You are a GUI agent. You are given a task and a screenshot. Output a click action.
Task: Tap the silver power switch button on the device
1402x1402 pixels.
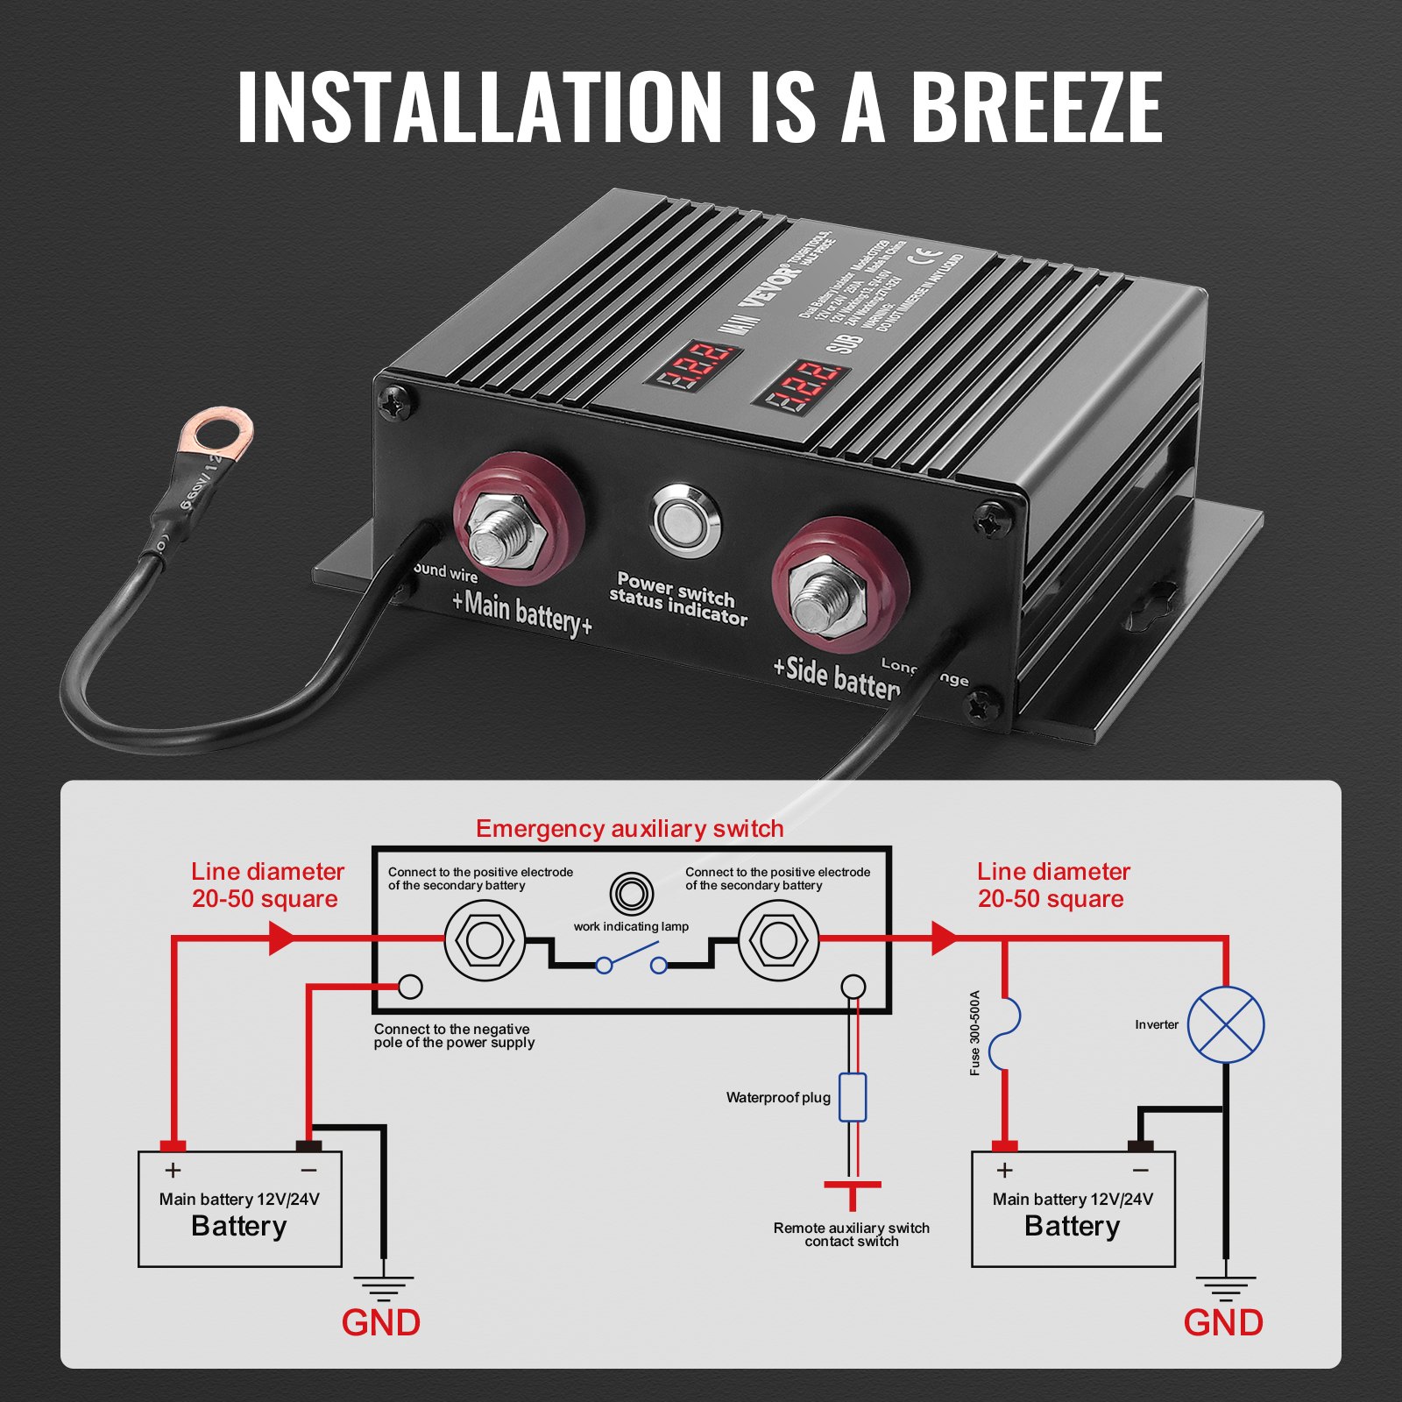[685, 520]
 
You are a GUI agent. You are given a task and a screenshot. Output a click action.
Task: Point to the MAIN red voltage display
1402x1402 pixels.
[695, 367]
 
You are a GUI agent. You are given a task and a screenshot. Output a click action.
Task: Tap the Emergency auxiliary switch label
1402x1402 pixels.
[629, 829]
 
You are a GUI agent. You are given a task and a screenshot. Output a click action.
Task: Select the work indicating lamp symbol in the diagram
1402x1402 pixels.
[631, 895]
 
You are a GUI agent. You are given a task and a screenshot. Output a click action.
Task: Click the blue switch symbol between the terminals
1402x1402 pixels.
[631, 958]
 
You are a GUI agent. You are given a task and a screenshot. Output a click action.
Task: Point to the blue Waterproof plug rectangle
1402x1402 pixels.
[853, 1097]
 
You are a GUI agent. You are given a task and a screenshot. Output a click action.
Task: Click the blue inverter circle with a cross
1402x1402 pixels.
[1225, 1024]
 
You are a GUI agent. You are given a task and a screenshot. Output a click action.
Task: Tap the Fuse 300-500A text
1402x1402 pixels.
[975, 1033]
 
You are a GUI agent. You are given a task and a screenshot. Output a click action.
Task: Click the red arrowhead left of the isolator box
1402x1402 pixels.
[281, 938]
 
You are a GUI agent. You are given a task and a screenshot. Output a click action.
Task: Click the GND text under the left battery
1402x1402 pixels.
[380, 1323]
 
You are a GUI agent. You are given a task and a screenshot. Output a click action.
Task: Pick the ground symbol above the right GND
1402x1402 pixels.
[1225, 1288]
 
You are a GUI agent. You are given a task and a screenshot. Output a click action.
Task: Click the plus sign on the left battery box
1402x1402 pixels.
[173, 1171]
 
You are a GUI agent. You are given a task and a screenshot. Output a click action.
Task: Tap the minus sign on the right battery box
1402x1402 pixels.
[1140, 1171]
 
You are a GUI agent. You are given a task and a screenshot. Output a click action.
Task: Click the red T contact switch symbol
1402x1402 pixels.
[852, 1193]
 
